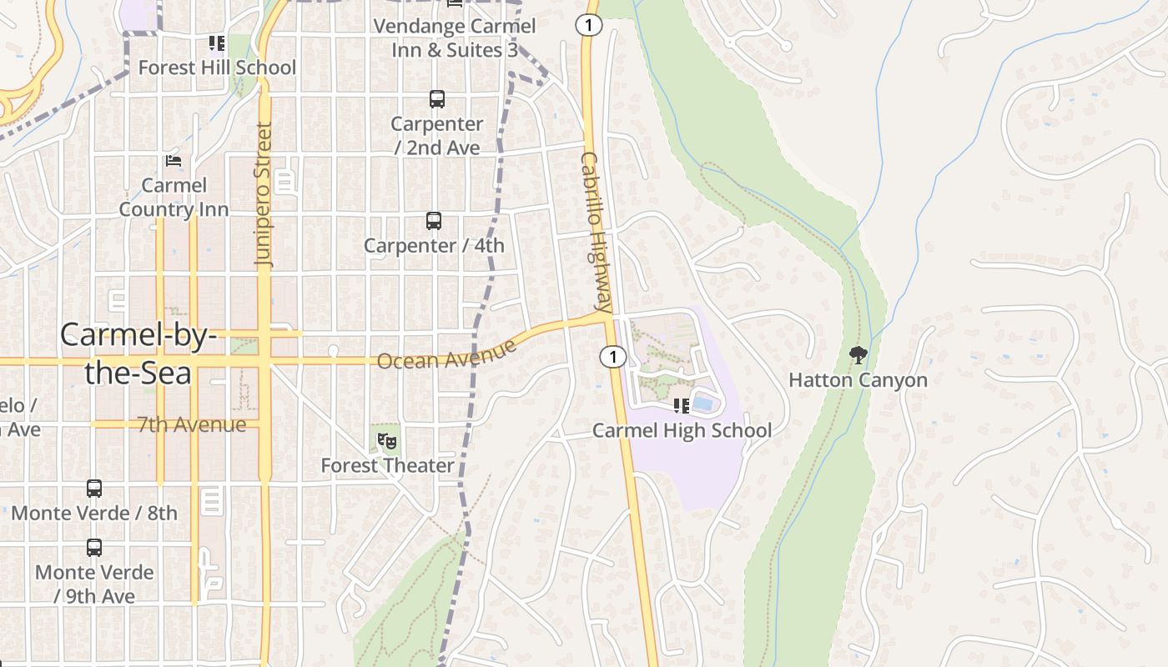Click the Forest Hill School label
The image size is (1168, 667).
coord(217,68)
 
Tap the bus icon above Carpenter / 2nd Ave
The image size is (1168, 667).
coord(437,99)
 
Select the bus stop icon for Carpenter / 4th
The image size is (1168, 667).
coord(434,221)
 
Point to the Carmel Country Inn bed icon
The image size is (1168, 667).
coord(174,160)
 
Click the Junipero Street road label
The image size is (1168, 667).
coord(264,195)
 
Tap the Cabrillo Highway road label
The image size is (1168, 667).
coord(597,232)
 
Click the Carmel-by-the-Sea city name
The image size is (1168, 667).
coord(138,354)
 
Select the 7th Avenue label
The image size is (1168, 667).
coord(192,424)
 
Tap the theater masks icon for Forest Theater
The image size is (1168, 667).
coord(385,440)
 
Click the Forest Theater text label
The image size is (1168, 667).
coord(388,465)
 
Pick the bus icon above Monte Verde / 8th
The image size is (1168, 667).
coord(94,489)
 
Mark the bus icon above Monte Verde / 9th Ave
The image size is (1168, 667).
coord(94,548)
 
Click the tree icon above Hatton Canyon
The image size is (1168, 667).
coord(858,356)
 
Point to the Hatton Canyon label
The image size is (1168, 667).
coord(858,380)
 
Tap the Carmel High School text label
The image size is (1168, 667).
coord(682,431)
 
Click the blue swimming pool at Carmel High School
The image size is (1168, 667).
coord(703,404)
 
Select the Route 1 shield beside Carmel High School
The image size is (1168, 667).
coord(613,357)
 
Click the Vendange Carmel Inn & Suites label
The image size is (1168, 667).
coord(455,38)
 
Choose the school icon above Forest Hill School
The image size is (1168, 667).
coord(217,43)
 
